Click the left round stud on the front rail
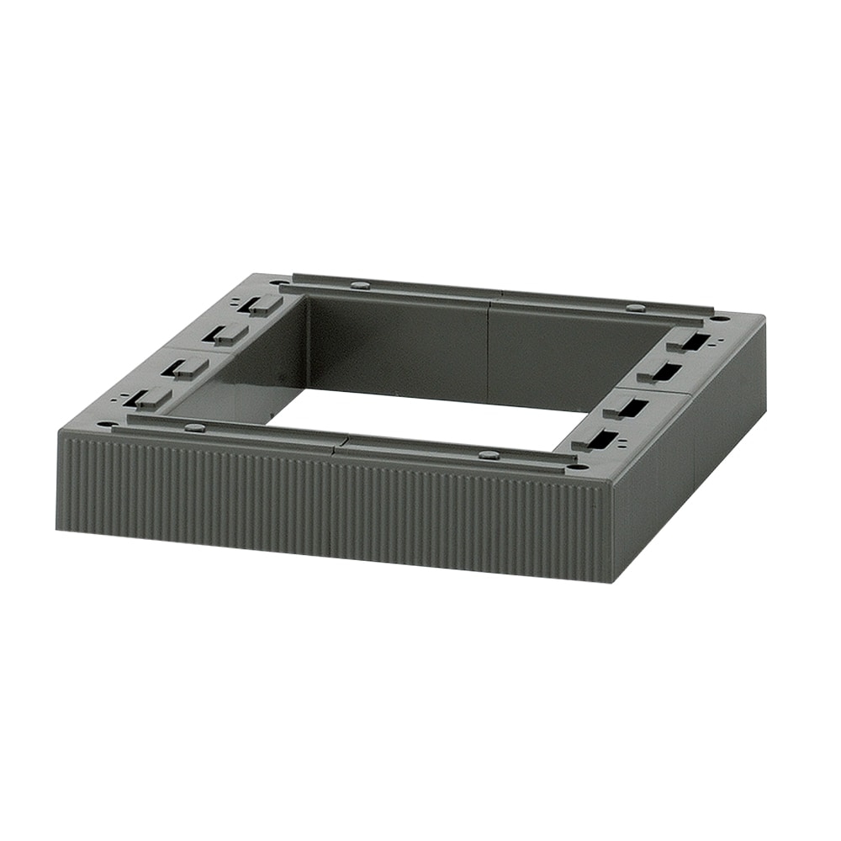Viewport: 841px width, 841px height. [x=194, y=427]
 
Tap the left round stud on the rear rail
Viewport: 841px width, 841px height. [x=359, y=286]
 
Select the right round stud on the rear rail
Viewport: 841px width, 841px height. [x=635, y=308]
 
